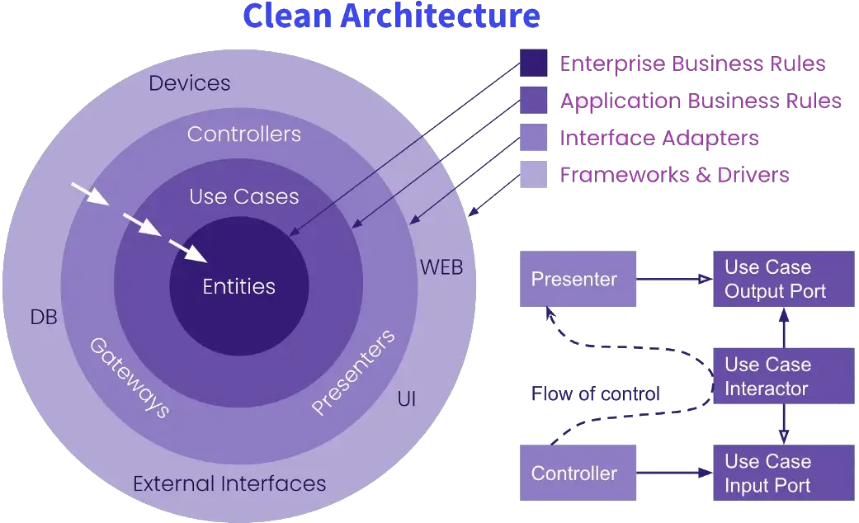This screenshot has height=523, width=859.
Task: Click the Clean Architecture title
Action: (392, 16)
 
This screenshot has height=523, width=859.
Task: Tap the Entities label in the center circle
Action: (239, 287)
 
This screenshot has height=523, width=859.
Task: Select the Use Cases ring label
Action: (244, 196)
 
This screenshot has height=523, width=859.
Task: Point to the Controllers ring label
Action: (244, 134)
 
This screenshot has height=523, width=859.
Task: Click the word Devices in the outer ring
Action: (190, 83)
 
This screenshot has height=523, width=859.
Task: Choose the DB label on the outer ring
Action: (44, 317)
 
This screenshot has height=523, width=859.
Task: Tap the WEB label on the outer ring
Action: (441, 267)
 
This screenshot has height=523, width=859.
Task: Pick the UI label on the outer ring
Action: (407, 400)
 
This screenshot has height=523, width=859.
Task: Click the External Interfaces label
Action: (229, 483)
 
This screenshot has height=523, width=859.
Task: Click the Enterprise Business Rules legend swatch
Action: (534, 64)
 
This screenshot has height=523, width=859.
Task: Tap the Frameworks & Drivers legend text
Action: (675, 175)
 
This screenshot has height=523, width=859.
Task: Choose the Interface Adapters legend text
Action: (659, 138)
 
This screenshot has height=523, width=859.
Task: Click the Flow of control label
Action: (594, 393)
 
